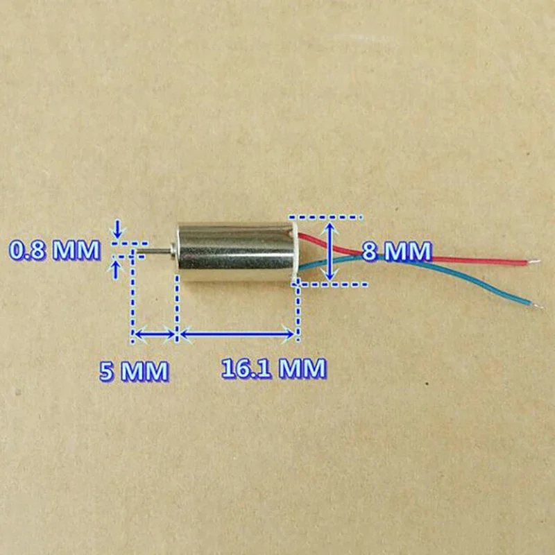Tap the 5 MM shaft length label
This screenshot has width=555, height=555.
click(134, 371)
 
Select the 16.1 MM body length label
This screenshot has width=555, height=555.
click(273, 368)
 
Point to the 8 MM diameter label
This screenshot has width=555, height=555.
click(397, 251)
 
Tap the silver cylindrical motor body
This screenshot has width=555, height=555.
click(236, 251)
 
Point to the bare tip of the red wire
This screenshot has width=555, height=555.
click(535, 262)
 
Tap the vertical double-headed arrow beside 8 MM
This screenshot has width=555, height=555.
click(332, 251)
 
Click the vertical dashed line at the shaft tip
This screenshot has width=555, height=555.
click(133, 298)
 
